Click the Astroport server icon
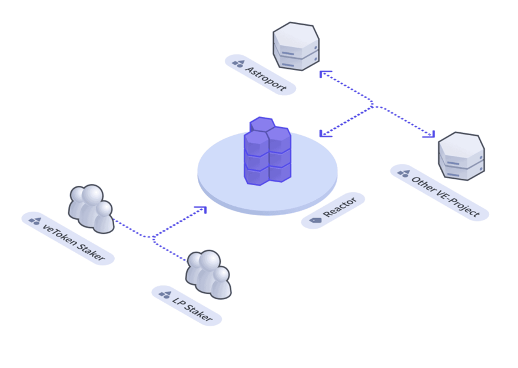pos(296,46)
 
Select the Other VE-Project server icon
pos(461,156)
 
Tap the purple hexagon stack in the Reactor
pos(267,151)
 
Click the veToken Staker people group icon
pos(91,209)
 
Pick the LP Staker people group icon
pos(208,275)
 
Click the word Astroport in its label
pos(265,79)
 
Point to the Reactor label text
pos(340,207)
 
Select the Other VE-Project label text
pos(445,196)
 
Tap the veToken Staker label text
pos(74,242)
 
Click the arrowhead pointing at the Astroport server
pos(325,74)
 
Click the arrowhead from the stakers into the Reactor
pos(201,210)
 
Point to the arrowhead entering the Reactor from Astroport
pos(325,133)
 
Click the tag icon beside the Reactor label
pos(316,220)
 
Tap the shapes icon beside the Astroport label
pos(238,63)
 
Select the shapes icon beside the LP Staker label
pos(165,295)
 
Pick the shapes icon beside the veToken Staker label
pos(35,221)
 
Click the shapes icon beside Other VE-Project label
pos(404,173)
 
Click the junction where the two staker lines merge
pos(152,237)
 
